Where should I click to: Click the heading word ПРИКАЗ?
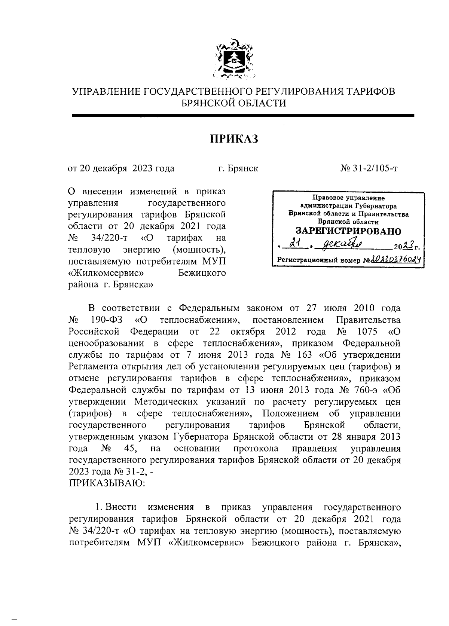[234, 140]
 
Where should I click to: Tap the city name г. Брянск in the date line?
[238, 169]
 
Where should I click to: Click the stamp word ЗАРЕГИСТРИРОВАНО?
[348, 231]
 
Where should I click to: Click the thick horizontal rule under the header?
[243, 116]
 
